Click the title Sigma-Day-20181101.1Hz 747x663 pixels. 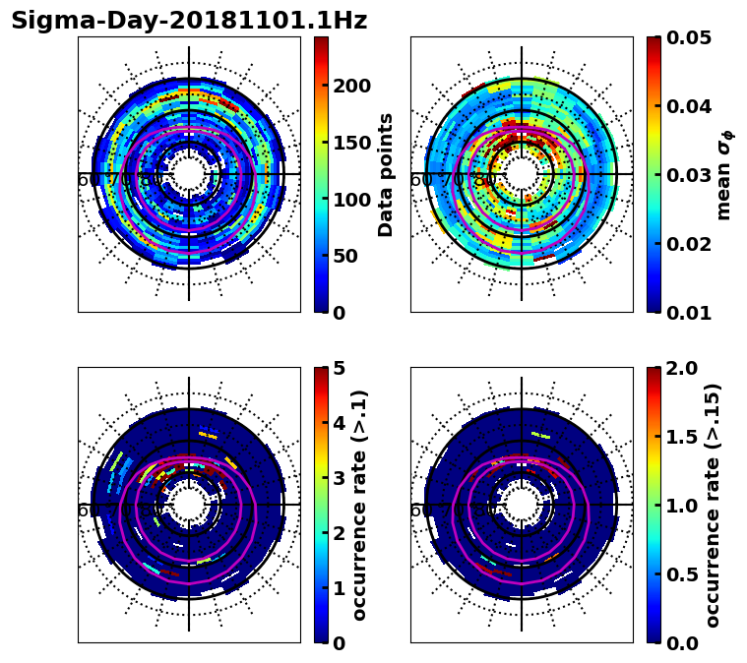tap(189, 21)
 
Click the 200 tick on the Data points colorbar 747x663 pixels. tap(351, 86)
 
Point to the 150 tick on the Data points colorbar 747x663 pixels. tap(351, 143)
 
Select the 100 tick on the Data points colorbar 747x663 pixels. tap(351, 199)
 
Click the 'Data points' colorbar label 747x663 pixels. tap(386, 174)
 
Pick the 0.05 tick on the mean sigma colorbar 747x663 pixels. tap(689, 37)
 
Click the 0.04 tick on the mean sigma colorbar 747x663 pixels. tap(689, 106)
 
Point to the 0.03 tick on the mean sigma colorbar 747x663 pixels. tap(689, 175)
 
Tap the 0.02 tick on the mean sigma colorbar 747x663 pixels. tap(689, 244)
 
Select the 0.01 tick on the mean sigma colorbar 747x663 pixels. tap(689, 312)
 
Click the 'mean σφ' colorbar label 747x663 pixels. tap(724, 174)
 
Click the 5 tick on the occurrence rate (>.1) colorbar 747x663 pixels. tap(340, 368)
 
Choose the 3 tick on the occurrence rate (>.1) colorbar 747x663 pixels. tap(340, 478)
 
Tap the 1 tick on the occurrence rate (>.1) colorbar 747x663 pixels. tap(340, 588)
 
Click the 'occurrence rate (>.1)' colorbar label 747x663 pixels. tap(360, 505)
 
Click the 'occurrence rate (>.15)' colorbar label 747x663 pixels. tap(714, 505)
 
